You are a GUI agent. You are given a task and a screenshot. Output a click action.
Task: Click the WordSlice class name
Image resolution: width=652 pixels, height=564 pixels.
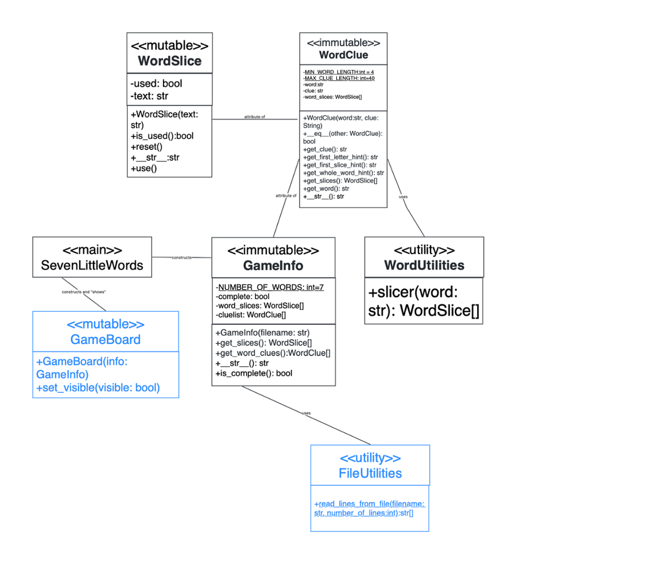[x=170, y=61]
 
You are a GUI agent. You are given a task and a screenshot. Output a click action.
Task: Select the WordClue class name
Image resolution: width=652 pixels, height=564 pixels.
[x=343, y=55]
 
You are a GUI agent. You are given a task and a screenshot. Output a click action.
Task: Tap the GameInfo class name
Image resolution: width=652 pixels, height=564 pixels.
[x=273, y=266]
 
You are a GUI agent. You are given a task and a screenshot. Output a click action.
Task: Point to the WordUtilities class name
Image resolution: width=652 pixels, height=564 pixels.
[x=424, y=265]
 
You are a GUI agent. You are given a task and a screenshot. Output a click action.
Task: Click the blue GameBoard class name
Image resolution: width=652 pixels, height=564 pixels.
[x=105, y=340]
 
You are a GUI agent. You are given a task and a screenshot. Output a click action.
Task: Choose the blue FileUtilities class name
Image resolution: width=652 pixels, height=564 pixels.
[x=370, y=473]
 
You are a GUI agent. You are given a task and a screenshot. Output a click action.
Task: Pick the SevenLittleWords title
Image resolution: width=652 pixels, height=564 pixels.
[x=92, y=265]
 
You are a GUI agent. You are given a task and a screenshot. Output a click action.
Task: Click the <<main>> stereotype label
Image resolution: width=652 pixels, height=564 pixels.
[x=92, y=250]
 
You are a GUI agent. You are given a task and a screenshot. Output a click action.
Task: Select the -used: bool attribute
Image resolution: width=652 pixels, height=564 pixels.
[x=156, y=84]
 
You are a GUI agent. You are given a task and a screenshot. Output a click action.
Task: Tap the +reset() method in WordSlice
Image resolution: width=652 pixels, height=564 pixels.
[x=146, y=147]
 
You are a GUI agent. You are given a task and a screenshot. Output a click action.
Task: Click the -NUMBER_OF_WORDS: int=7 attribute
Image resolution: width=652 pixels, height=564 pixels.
[x=269, y=287]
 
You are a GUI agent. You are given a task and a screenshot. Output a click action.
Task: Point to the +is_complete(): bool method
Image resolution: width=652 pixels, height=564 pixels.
[x=254, y=373]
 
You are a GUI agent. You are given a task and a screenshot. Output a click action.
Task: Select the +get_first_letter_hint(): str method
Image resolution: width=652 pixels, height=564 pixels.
[x=340, y=157]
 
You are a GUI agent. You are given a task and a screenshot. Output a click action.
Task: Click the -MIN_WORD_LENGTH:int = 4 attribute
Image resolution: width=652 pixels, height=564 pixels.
[x=338, y=72]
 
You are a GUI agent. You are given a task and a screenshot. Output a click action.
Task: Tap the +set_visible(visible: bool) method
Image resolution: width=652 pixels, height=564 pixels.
[x=98, y=387]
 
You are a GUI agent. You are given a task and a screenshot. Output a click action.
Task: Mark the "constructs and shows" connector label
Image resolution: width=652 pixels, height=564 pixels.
[x=84, y=292]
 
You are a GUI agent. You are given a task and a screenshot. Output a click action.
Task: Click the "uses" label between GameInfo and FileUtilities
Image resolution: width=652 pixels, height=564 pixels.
[x=306, y=413]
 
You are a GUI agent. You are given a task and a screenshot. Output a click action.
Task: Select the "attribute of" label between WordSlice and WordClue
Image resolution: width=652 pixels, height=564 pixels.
[x=254, y=117]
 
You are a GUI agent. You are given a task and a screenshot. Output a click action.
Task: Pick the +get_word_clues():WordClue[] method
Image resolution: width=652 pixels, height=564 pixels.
[x=273, y=353]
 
